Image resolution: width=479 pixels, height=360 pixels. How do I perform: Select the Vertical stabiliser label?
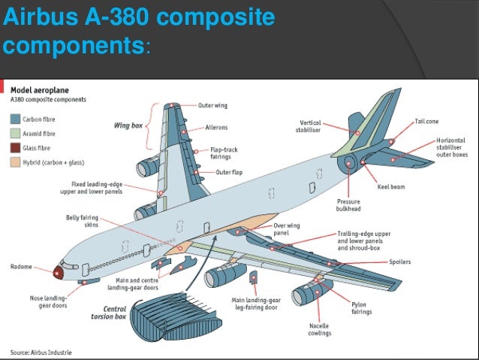[x=310, y=126]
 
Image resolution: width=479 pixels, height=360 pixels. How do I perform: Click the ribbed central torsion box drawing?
[x=166, y=316]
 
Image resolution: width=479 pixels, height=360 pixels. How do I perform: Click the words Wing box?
[x=128, y=126]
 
